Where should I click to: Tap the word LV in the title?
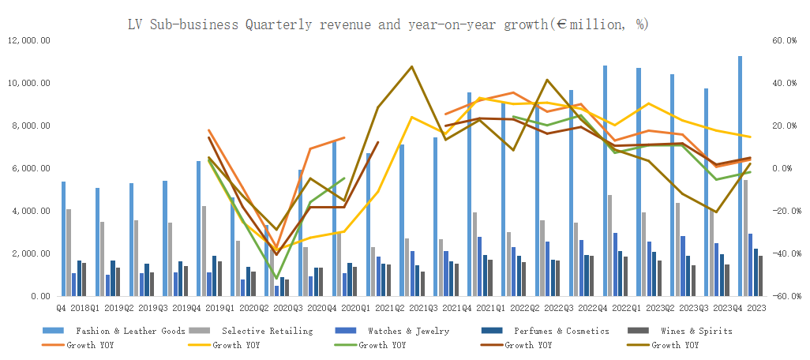click(137, 24)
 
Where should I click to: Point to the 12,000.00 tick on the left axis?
click(29, 40)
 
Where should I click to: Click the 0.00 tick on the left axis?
click(39, 296)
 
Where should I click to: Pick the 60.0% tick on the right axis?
click(784, 40)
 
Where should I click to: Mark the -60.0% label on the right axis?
click(782, 296)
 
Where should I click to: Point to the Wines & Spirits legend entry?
click(695, 331)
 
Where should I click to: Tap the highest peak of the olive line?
click(411, 66)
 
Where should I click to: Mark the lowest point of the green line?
click(276, 278)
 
